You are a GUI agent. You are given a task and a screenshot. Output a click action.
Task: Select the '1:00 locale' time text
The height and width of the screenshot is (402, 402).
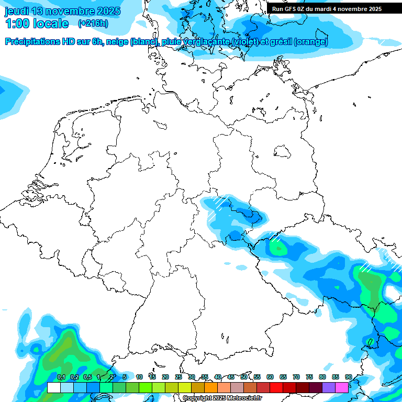37,24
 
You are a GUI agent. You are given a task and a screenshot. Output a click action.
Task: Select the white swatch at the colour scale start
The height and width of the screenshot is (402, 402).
53,387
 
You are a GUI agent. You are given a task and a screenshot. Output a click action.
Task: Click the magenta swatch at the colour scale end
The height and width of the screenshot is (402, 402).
342,387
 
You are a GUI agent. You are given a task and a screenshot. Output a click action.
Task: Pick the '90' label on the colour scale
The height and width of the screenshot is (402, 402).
349,377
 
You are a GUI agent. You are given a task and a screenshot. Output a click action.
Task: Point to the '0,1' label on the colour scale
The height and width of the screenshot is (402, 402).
61,377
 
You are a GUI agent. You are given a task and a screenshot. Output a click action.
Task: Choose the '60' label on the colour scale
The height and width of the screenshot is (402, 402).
270,377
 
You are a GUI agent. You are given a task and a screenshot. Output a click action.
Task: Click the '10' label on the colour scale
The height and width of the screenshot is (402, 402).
139,377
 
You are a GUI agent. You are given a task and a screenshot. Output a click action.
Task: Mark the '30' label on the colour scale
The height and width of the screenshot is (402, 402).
192,377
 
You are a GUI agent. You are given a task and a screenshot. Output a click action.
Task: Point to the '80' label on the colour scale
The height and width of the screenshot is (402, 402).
322,377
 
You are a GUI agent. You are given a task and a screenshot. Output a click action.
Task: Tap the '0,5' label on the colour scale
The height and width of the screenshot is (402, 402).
87,377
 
